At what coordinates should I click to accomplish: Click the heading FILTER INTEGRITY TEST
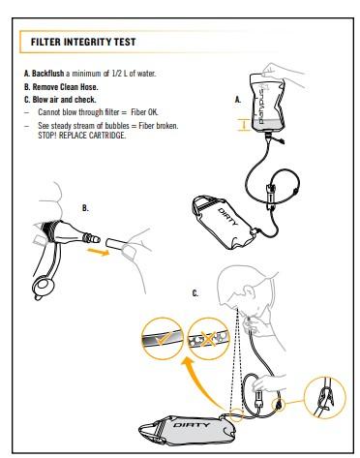83,42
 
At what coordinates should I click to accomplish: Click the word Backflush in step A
48,74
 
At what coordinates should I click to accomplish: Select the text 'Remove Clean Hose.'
65,87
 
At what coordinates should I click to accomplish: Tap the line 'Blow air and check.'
64,100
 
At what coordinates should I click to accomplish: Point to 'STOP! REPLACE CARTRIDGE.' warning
82,136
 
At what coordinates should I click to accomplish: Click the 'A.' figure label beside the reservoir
238,100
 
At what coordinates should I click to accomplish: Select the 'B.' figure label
85,208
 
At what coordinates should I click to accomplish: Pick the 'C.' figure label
195,293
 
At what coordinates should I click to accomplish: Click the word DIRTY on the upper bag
228,217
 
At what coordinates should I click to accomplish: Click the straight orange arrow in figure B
98,252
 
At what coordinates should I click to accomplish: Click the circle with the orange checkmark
162,339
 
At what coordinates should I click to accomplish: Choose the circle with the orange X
208,339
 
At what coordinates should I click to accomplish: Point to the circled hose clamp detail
325,397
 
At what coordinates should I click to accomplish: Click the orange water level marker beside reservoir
244,125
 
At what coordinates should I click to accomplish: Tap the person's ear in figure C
249,291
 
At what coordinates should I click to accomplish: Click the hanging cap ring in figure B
44,285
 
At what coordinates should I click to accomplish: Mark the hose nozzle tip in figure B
96,239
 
